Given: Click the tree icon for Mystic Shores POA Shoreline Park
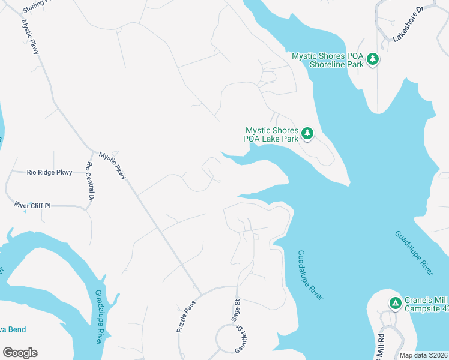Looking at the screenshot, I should tap(373, 59).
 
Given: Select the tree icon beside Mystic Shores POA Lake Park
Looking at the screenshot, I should tap(307, 133).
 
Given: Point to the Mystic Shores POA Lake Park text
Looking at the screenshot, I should tap(271, 134).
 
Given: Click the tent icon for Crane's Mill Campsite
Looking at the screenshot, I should tap(395, 302).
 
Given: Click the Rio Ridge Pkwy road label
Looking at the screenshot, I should tap(50, 172).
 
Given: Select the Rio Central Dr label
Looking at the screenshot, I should tap(90, 181).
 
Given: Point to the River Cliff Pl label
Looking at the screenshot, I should tap(33, 205).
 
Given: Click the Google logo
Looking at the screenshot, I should tap(20, 352).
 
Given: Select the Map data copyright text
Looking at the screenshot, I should tap(423, 355).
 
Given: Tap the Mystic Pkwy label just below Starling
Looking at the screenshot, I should tap(30, 37).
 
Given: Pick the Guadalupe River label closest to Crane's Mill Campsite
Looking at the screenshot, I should tap(414, 253).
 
